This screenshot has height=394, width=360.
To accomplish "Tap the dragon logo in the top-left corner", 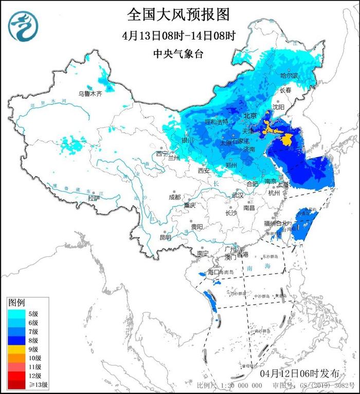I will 21,27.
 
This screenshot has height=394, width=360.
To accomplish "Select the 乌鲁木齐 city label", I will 90,94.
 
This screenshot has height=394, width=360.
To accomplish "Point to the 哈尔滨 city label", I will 289,76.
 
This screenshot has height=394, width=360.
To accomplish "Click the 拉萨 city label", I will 94,198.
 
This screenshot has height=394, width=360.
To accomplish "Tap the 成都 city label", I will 174,197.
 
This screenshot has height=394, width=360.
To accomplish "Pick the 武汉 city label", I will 237,195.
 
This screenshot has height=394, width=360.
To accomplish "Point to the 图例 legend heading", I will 16,303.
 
